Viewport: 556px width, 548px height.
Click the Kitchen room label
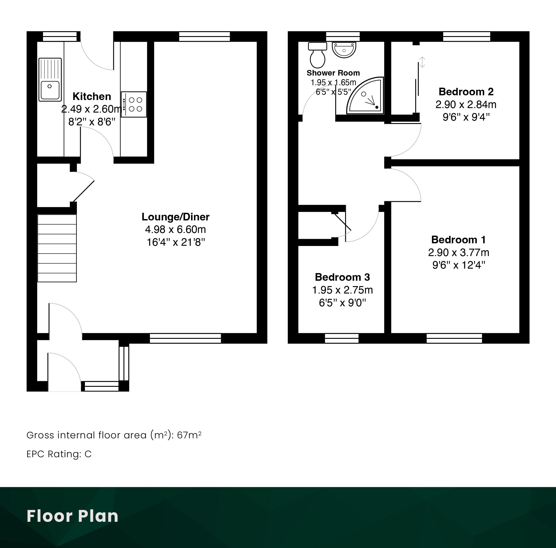pyautogui.click(x=92, y=96)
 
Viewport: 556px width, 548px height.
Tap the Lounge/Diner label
pyautogui.click(x=176, y=217)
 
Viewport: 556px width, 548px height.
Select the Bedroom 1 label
pyautogui.click(x=458, y=240)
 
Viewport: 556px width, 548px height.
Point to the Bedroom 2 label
pyautogui.click(x=466, y=92)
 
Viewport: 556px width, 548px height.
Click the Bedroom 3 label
pyautogui.click(x=343, y=277)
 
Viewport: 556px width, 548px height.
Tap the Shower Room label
pyautogui.click(x=333, y=73)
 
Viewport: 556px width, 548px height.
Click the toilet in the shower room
pyautogui.click(x=317, y=55)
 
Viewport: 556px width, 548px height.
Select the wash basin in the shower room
pyautogui.click(x=344, y=50)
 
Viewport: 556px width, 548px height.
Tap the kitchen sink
pyautogui.click(x=50, y=79)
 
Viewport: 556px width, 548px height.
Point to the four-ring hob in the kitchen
pyautogui.click(x=134, y=104)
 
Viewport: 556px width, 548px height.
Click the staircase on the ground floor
pyautogui.click(x=57, y=248)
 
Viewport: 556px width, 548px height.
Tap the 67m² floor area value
pyautogui.click(x=189, y=435)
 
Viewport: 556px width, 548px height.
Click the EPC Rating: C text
pyautogui.click(x=59, y=454)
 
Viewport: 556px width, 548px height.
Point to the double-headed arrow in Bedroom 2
pyautogui.click(x=422, y=62)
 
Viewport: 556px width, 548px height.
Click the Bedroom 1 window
pyautogui.click(x=454, y=338)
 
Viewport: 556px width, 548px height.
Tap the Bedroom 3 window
pyautogui.click(x=342, y=338)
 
